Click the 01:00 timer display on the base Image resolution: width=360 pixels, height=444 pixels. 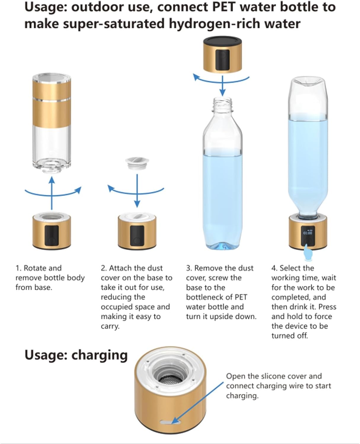pos(308,233)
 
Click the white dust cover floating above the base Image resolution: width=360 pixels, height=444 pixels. pos(137,163)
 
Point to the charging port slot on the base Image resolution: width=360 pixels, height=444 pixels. pos(170,422)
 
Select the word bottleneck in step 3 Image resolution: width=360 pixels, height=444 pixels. pos(209,297)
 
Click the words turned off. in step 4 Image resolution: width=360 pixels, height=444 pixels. pos(290,336)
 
